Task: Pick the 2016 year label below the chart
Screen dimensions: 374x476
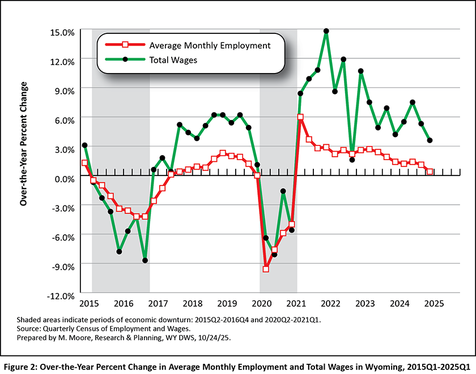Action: pyautogui.click(x=122, y=303)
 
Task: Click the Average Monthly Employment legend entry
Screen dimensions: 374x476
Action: pyautogui.click(x=210, y=45)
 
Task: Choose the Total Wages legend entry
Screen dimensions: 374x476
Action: pyautogui.click(x=173, y=59)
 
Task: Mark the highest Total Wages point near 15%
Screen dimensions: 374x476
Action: pyautogui.click(x=326, y=31)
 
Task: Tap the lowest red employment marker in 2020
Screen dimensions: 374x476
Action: pyautogui.click(x=266, y=269)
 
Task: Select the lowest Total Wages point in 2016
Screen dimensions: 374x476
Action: pyautogui.click(x=145, y=260)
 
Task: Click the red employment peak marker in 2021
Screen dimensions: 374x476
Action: pyautogui.click(x=300, y=117)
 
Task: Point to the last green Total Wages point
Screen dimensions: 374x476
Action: pyautogui.click(x=430, y=140)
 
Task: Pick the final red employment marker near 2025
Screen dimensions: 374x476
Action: pyautogui.click(x=430, y=171)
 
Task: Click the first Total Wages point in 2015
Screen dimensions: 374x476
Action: pyautogui.click(x=84, y=145)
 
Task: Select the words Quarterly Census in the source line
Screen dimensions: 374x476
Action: pyautogui.click(x=72, y=328)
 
